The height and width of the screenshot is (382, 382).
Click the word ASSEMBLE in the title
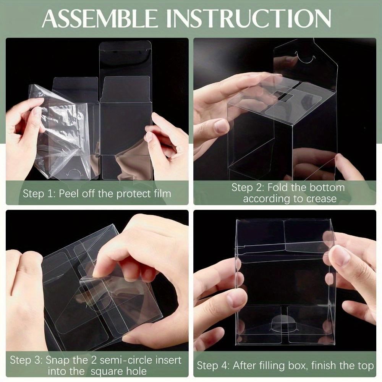point(99,19)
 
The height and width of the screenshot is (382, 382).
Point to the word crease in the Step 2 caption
point(322,199)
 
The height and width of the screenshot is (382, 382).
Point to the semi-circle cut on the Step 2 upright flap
point(304,58)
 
